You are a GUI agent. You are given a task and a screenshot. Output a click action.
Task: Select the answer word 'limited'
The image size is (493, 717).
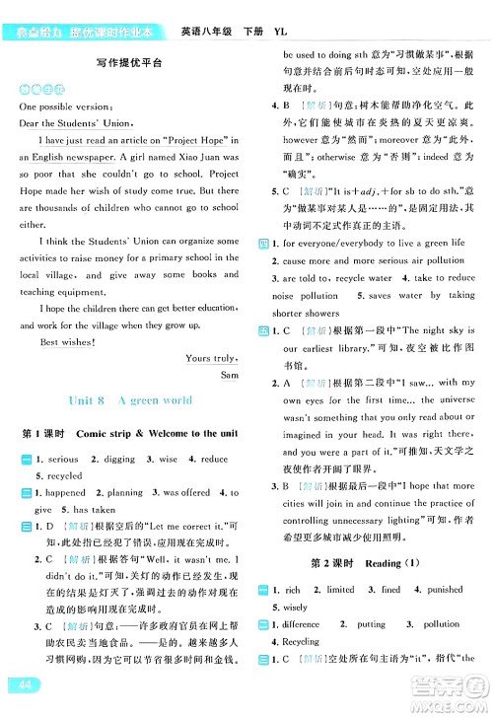pos(340,590)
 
